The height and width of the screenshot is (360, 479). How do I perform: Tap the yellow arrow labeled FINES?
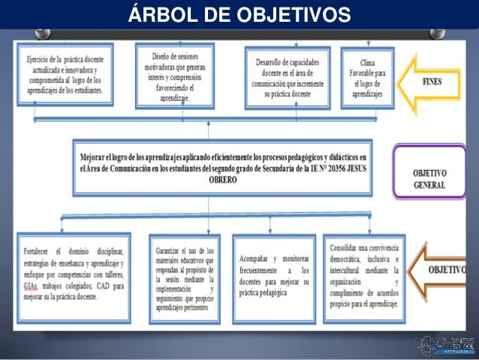click(429, 80)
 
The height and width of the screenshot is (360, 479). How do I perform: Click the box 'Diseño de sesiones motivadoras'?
click(174, 76)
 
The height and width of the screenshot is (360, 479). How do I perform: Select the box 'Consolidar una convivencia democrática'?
click(364, 270)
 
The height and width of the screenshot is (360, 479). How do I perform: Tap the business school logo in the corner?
click(446, 346)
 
